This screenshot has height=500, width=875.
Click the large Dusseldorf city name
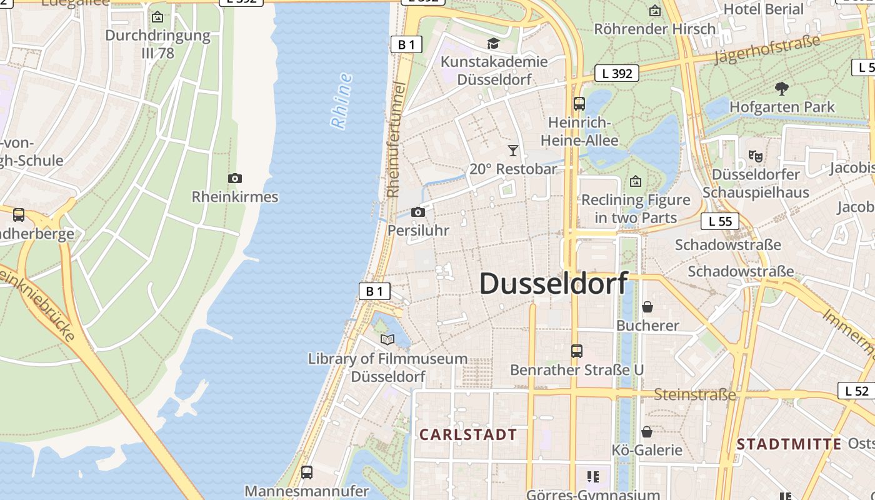pyautogui.click(x=553, y=283)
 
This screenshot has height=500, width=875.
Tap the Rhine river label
pyautogui.click(x=341, y=101)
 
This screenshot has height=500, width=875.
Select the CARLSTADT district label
pyautogui.click(x=468, y=434)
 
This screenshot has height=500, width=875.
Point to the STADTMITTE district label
pyautogui.click(x=789, y=444)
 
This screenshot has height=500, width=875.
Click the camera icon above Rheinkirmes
pyautogui.click(x=235, y=179)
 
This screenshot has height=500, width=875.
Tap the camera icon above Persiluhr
pyautogui.click(x=418, y=212)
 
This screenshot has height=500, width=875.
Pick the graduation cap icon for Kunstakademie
pyautogui.click(x=494, y=43)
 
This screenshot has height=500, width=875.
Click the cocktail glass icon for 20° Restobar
pyautogui.click(x=513, y=151)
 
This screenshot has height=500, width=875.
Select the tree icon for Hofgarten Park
pyautogui.click(x=781, y=88)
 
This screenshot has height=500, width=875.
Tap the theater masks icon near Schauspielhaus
pyautogui.click(x=756, y=156)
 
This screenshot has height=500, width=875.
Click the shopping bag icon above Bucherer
pyautogui.click(x=647, y=307)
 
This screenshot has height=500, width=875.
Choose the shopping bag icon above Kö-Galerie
pyautogui.click(x=647, y=432)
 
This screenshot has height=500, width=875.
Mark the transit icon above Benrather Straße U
pyautogui.click(x=577, y=351)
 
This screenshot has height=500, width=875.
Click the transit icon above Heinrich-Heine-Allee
pyautogui.click(x=579, y=104)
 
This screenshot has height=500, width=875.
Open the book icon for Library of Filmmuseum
pyautogui.click(x=387, y=339)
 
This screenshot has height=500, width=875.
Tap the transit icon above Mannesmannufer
pyautogui.click(x=306, y=472)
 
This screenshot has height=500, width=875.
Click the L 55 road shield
pyautogui.click(x=720, y=221)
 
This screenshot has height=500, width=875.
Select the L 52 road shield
pyautogui.click(x=856, y=391)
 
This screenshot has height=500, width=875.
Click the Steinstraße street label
pyautogui.click(x=695, y=394)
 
